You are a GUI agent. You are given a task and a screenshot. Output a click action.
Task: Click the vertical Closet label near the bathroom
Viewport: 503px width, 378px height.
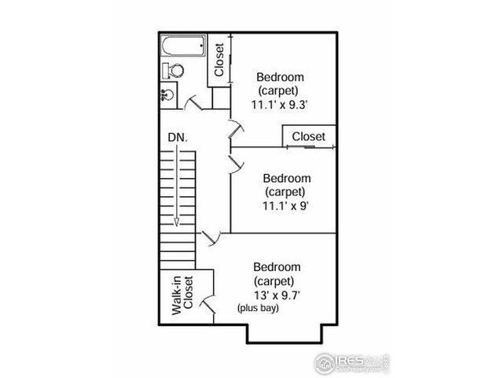(218, 59)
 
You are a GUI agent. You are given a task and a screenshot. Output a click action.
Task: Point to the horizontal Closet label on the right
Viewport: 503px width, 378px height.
(308, 137)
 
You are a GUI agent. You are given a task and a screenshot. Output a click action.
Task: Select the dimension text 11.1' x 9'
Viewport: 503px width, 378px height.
(285, 206)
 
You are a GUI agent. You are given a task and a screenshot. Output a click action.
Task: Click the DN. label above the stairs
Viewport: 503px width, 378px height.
(177, 137)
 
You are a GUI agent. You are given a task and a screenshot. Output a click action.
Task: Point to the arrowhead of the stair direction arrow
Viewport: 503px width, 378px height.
(178, 222)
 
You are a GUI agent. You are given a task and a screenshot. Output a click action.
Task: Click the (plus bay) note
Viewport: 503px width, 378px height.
(259, 308)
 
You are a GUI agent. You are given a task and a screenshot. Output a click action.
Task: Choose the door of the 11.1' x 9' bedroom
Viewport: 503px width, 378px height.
(235, 163)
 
